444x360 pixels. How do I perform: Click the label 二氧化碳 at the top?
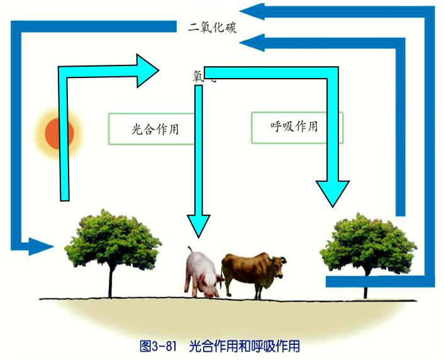pyautogui.click(x=212, y=28)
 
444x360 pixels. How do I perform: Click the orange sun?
pyautogui.click(x=60, y=133)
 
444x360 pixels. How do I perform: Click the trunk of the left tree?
pyautogui.click(x=111, y=280)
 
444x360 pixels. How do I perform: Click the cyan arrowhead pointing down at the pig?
pyautogui.click(x=198, y=225)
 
